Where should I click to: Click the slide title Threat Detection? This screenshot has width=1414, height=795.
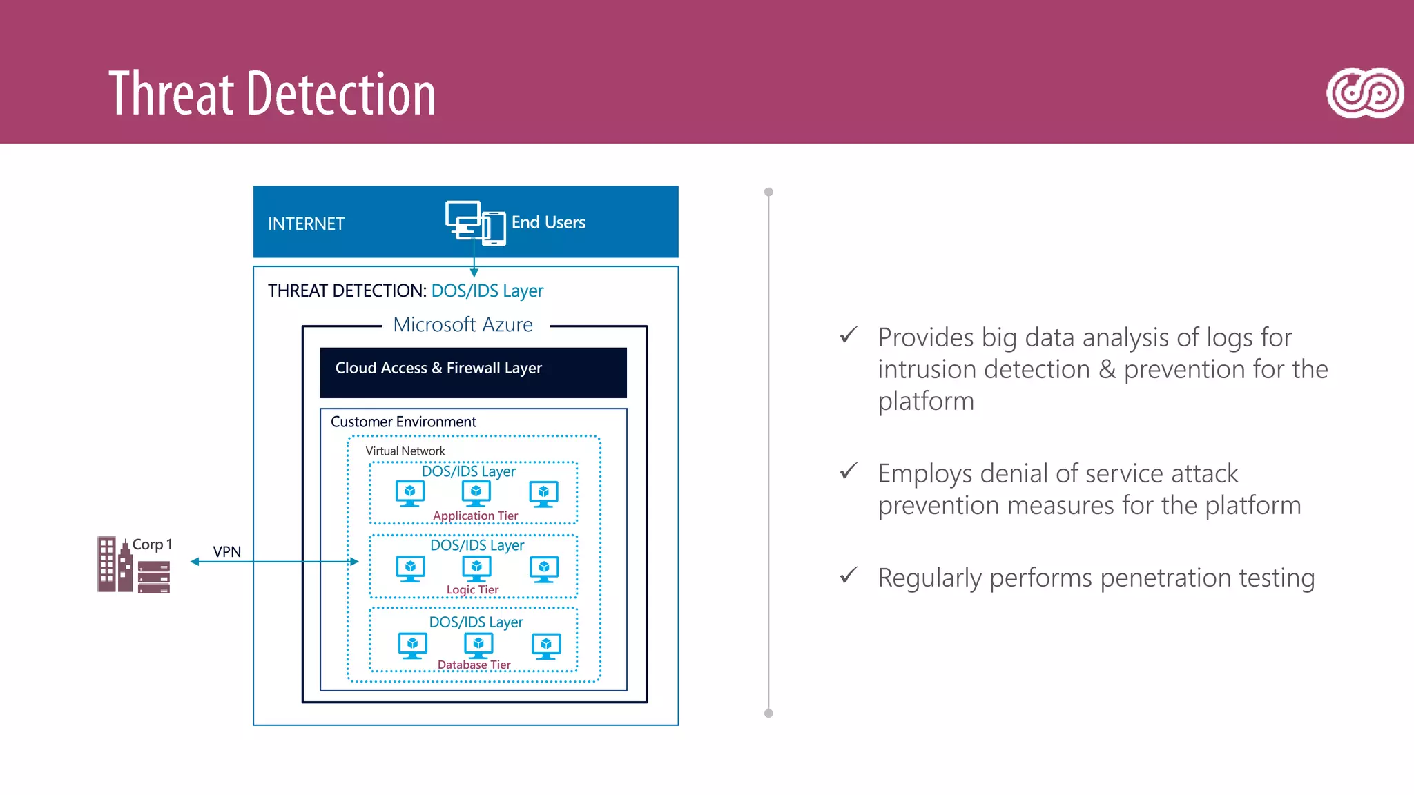[x=272, y=94]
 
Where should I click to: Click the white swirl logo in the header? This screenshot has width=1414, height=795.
[x=1364, y=93]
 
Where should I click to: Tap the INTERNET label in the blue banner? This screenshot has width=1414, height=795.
[x=306, y=224]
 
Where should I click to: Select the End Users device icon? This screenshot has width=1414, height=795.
[x=475, y=223]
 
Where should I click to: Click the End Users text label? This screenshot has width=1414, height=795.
[x=548, y=222]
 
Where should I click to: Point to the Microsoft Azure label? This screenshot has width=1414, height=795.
[x=463, y=325]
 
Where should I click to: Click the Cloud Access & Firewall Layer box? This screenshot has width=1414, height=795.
[x=473, y=373]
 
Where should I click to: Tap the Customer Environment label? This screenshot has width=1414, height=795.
[x=403, y=422]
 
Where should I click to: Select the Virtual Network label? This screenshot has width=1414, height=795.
[x=405, y=451]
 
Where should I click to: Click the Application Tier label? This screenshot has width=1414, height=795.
[x=475, y=516]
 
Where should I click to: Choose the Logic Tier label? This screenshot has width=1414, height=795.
[x=472, y=589]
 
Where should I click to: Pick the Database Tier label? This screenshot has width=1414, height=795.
[x=474, y=665]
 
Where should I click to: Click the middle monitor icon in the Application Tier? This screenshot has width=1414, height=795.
[x=476, y=493]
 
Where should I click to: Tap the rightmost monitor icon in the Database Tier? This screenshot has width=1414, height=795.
[x=546, y=645]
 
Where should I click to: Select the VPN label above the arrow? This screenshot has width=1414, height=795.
[x=226, y=552]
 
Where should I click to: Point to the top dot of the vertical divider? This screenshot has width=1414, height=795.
[x=768, y=192]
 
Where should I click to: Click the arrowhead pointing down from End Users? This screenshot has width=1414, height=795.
[x=474, y=273]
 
